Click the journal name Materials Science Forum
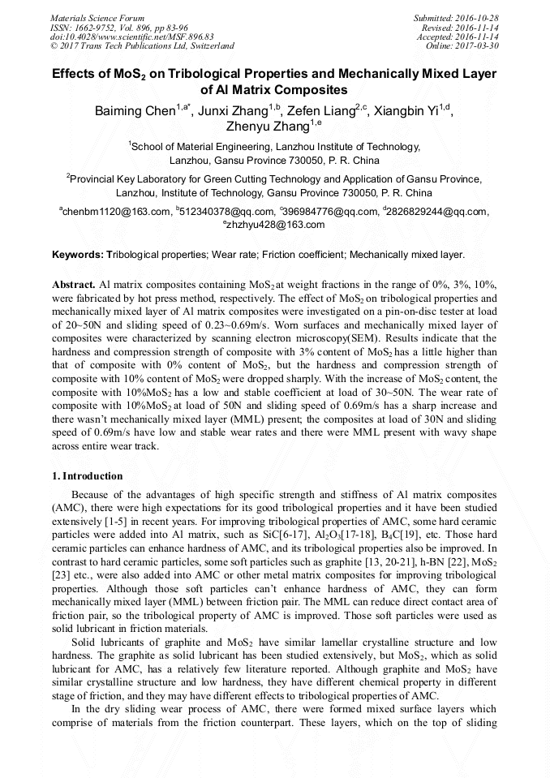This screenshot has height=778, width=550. pyautogui.click(x=97, y=18)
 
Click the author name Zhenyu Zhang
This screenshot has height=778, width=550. pyautogui.click(x=269, y=127)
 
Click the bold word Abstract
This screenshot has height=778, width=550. pyautogui.click(x=73, y=287)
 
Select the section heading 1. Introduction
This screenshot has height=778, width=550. pyautogui.click(x=87, y=475)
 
